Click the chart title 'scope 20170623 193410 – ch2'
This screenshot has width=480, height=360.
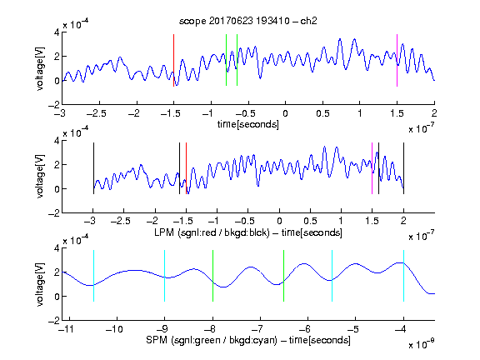247,21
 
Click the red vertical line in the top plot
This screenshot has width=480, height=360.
174,60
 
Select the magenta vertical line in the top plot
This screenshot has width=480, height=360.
397,60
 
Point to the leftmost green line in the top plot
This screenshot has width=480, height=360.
226,60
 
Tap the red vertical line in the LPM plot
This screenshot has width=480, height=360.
186,168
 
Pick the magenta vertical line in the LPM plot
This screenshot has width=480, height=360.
372,168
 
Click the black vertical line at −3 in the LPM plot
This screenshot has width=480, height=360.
93,168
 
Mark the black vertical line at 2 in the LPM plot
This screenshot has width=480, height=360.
403,168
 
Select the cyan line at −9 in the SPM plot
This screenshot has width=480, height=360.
165,276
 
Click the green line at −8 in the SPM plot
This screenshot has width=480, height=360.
212,276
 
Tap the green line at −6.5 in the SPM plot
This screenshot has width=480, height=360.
284,276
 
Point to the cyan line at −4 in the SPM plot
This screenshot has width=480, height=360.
403,276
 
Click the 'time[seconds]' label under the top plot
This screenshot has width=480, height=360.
248,124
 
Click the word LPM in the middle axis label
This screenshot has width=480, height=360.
164,232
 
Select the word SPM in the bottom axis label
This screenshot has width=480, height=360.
157,340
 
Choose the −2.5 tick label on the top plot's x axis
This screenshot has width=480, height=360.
97,113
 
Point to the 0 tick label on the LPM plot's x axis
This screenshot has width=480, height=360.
279,221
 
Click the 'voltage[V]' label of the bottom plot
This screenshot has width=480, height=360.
40,284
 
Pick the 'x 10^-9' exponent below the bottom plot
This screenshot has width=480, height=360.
421,343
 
